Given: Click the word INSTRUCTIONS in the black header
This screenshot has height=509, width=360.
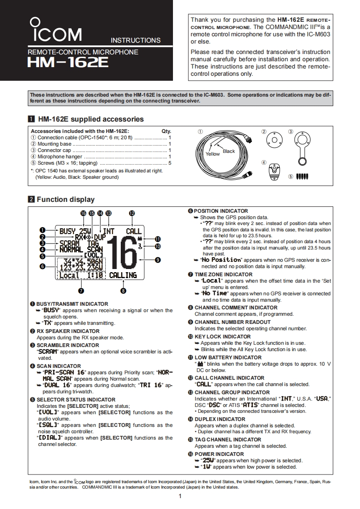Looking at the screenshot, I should [135, 40].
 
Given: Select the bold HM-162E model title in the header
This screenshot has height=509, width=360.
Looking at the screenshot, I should [68, 63].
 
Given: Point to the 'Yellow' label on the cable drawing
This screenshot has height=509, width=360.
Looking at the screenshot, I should [212, 154].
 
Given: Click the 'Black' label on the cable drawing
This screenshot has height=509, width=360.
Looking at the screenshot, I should [229, 151].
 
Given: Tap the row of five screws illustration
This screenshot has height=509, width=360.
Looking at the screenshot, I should [302, 176].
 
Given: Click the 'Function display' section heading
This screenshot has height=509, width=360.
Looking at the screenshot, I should [65, 200].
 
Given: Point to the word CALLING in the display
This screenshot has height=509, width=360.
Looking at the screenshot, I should [123, 275].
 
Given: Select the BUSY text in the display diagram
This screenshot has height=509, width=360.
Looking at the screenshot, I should [68, 231].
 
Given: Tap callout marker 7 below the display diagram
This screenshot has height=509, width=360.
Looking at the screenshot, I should [81, 290].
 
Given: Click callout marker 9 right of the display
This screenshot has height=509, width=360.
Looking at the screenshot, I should [158, 260].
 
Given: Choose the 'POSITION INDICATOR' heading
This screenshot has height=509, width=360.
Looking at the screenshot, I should [221, 211].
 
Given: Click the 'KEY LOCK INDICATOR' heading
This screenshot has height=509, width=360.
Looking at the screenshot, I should [222, 337].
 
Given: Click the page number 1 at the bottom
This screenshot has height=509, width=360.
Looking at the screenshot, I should [180, 496].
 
